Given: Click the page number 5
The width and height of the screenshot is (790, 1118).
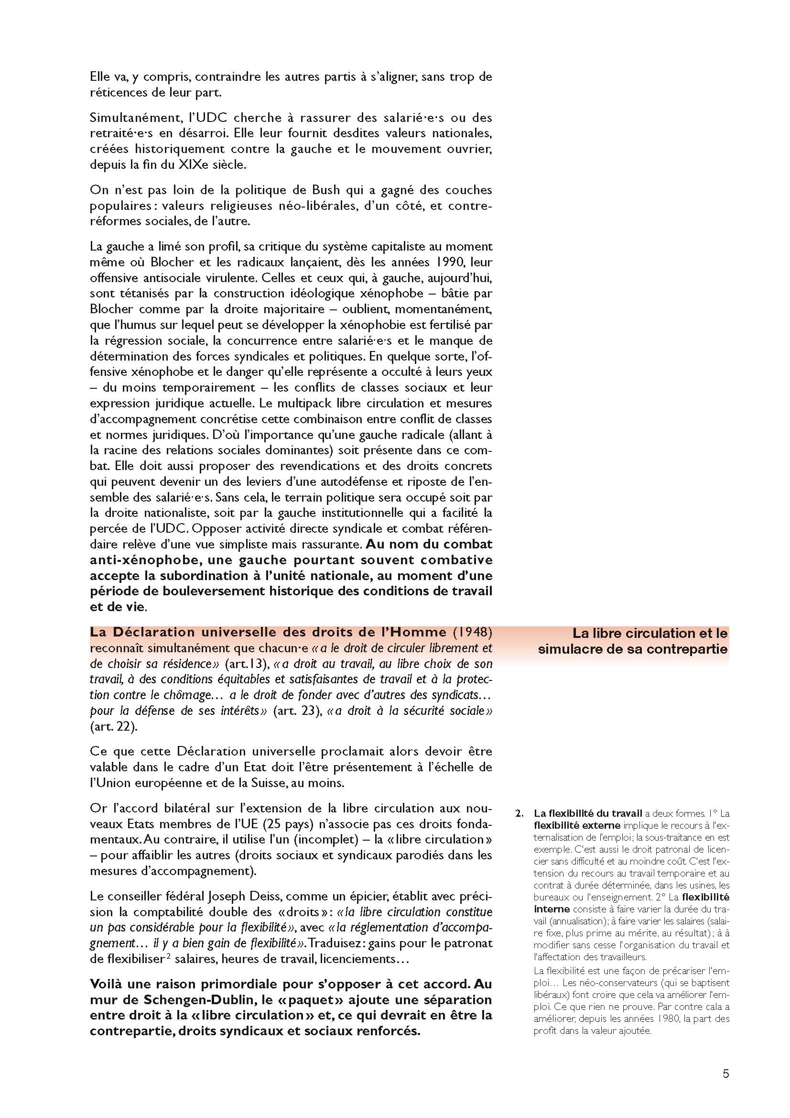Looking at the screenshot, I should click(726, 1070).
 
